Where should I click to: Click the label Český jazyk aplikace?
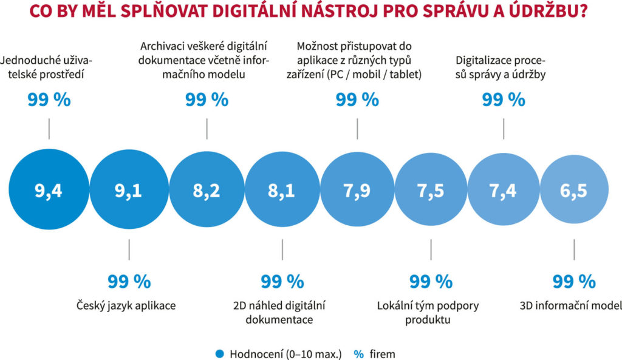point(126,305)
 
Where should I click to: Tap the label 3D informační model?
point(570,305)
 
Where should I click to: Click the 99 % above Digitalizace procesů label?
point(504,100)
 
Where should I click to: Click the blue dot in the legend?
point(220,352)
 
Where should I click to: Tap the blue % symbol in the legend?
point(358,352)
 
